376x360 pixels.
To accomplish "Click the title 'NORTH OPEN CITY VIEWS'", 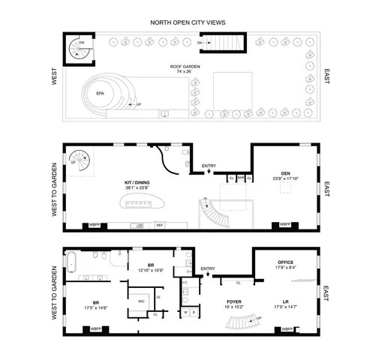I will tap(188, 23).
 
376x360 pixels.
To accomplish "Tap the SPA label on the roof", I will tap(100, 93).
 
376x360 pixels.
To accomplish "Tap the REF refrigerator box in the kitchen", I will tap(160, 224).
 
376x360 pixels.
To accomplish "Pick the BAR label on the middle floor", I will tap(240, 178).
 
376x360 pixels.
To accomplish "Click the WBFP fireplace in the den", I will tap(286, 224).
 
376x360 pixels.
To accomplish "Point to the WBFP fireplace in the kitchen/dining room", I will tap(95, 224).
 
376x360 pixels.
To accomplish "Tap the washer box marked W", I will tap(185, 311).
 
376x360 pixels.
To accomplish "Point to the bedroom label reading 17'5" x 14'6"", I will tap(95, 304).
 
